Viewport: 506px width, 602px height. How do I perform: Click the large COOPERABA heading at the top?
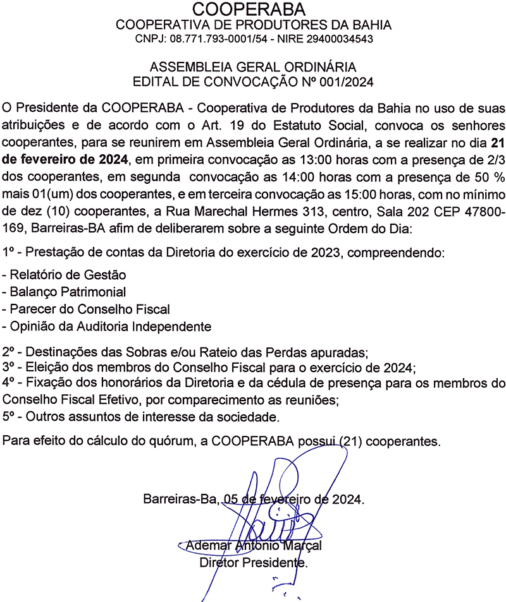[252, 9]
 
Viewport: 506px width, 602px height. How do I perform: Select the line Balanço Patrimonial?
[65, 292]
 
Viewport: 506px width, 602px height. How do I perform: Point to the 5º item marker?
[9, 417]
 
